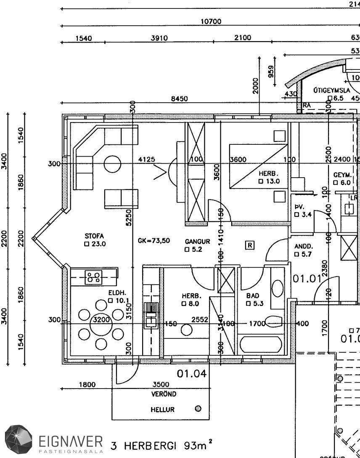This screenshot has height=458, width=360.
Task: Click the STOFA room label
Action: tap(94, 236)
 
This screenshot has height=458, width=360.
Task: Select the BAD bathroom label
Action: tap(253, 296)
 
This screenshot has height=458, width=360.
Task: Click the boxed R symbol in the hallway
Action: tap(250, 245)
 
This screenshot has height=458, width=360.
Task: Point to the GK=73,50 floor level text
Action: tap(154, 240)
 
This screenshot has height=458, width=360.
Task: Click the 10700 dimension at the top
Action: tap(211, 21)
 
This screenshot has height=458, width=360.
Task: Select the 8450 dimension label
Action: tap(179, 99)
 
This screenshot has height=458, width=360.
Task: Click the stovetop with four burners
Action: tap(93, 277)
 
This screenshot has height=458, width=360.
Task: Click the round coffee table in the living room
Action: tap(113, 164)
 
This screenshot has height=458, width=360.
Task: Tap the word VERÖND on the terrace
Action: tap(164, 394)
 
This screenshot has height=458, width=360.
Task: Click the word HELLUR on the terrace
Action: tap(163, 409)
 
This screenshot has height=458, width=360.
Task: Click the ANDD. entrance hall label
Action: tap(303, 246)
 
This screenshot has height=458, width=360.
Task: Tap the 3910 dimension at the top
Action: tap(159, 38)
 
